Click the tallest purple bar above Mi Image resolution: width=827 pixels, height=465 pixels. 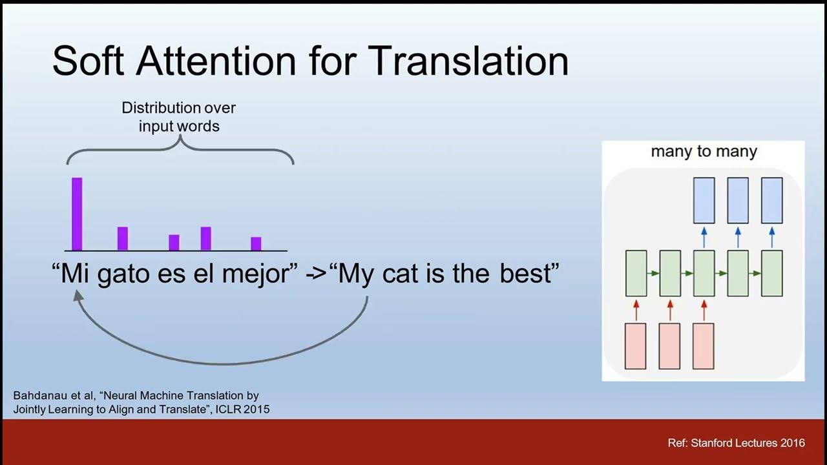click(77, 214)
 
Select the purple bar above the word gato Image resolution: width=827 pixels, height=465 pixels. click(123, 238)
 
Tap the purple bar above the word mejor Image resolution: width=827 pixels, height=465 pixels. click(256, 243)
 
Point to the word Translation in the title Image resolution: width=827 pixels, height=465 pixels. click(468, 61)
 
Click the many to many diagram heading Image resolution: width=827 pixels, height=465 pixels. click(704, 152)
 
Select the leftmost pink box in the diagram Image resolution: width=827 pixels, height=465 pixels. click(636, 346)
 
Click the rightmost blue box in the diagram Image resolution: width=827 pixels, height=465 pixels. click(771, 200)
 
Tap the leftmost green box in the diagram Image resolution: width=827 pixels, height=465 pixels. click(636, 274)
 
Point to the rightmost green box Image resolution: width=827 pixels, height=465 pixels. click(771, 274)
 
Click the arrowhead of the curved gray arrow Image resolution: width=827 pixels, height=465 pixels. click(78, 295)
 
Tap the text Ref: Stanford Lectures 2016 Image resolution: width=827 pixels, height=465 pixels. click(736, 443)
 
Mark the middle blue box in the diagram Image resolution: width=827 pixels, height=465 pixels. click(737, 200)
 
